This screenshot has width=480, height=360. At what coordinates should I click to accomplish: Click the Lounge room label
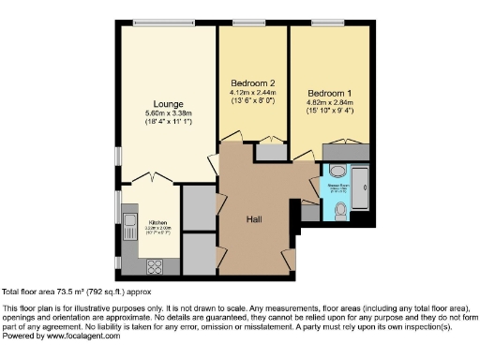tap(169, 103)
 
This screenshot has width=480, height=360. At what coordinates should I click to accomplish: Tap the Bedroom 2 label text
tap(252, 82)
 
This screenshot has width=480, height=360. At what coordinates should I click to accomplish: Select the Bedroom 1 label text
tap(329, 93)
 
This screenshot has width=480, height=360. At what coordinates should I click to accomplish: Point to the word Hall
tap(253, 218)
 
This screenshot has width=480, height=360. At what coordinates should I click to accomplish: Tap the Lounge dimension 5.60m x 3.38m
tap(169, 112)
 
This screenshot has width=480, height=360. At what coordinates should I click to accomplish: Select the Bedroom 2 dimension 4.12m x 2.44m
tap(252, 92)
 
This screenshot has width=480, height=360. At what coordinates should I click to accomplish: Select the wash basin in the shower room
tap(337, 172)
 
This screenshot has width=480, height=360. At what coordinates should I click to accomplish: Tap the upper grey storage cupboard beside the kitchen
tap(197, 207)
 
